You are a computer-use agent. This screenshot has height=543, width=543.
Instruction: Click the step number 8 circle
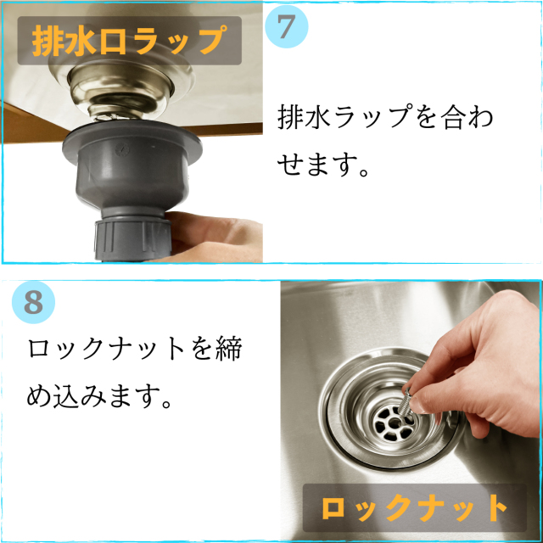[34, 302]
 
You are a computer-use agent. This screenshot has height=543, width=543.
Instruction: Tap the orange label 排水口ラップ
[129, 40]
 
